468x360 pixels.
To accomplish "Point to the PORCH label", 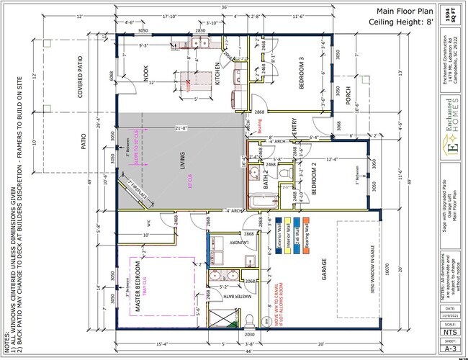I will tap(346, 95).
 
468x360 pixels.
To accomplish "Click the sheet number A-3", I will tap(450, 348).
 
